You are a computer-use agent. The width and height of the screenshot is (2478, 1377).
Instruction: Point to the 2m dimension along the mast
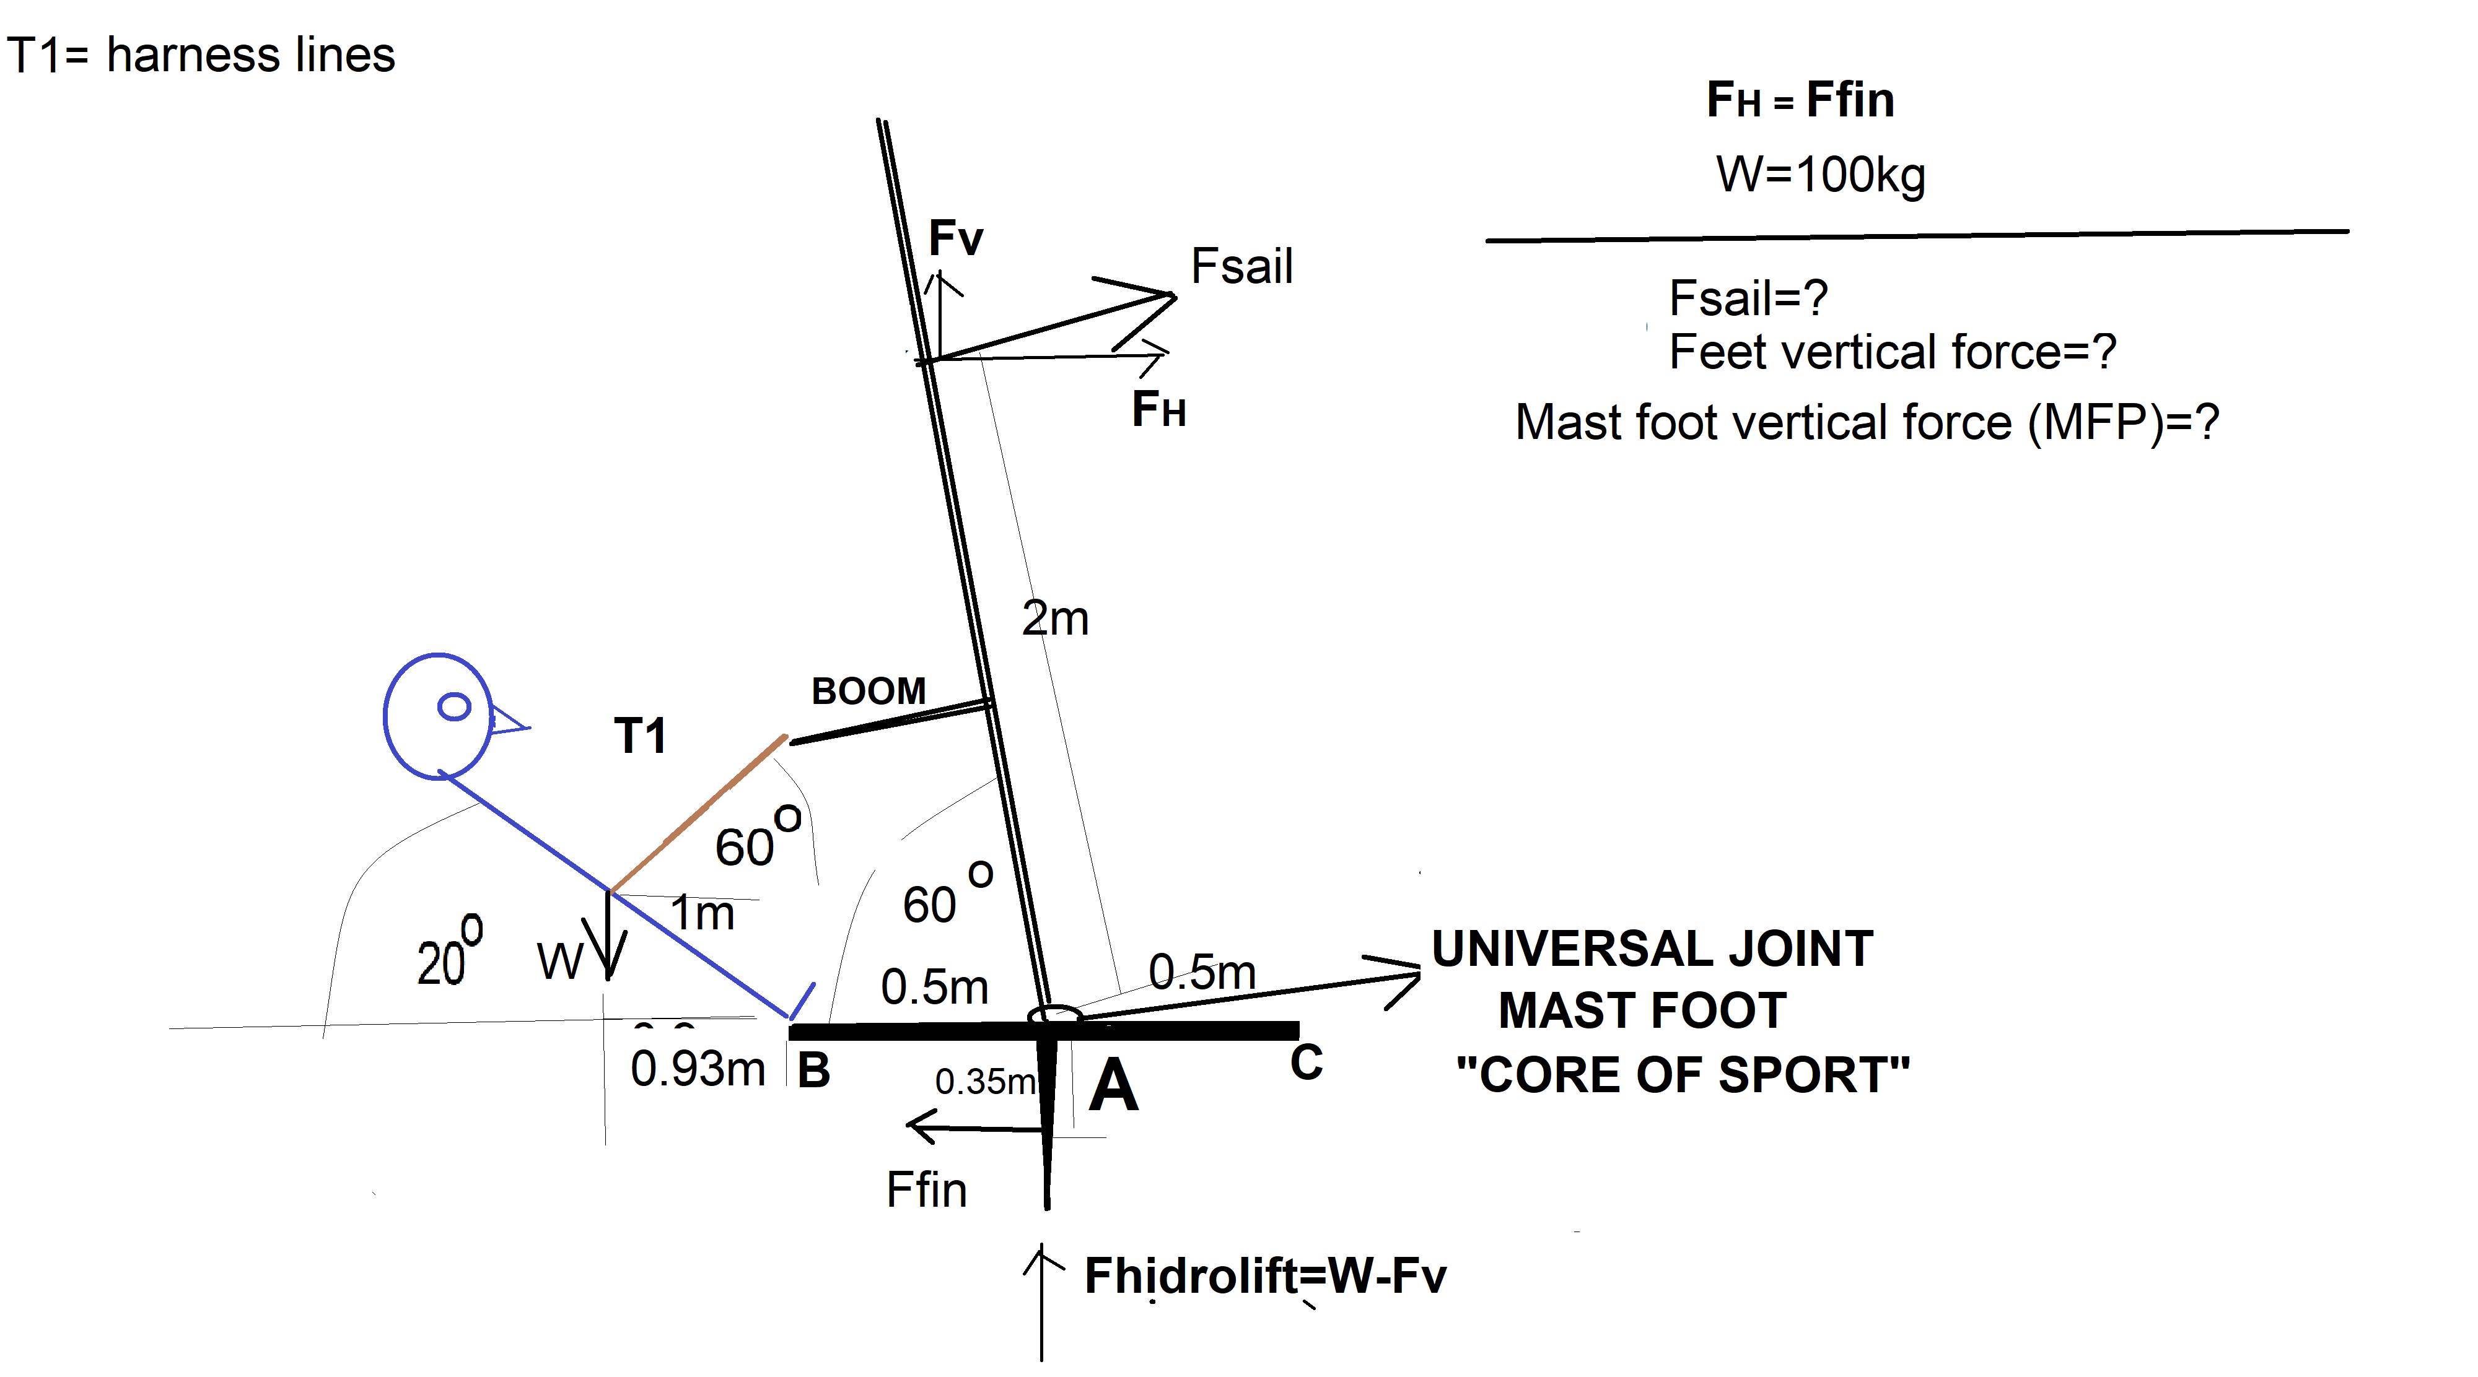coord(1054,619)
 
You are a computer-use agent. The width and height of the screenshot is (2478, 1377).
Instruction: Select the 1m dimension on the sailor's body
coord(703,913)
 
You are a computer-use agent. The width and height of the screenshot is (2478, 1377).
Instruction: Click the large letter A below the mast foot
coord(1113,1087)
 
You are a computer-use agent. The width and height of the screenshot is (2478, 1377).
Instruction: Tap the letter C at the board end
coord(1305,1062)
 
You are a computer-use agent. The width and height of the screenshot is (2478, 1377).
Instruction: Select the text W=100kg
coord(1820,175)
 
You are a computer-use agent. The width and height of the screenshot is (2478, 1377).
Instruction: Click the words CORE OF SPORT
coord(1683,1075)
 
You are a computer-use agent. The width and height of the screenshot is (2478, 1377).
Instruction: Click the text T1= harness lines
coord(201,55)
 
